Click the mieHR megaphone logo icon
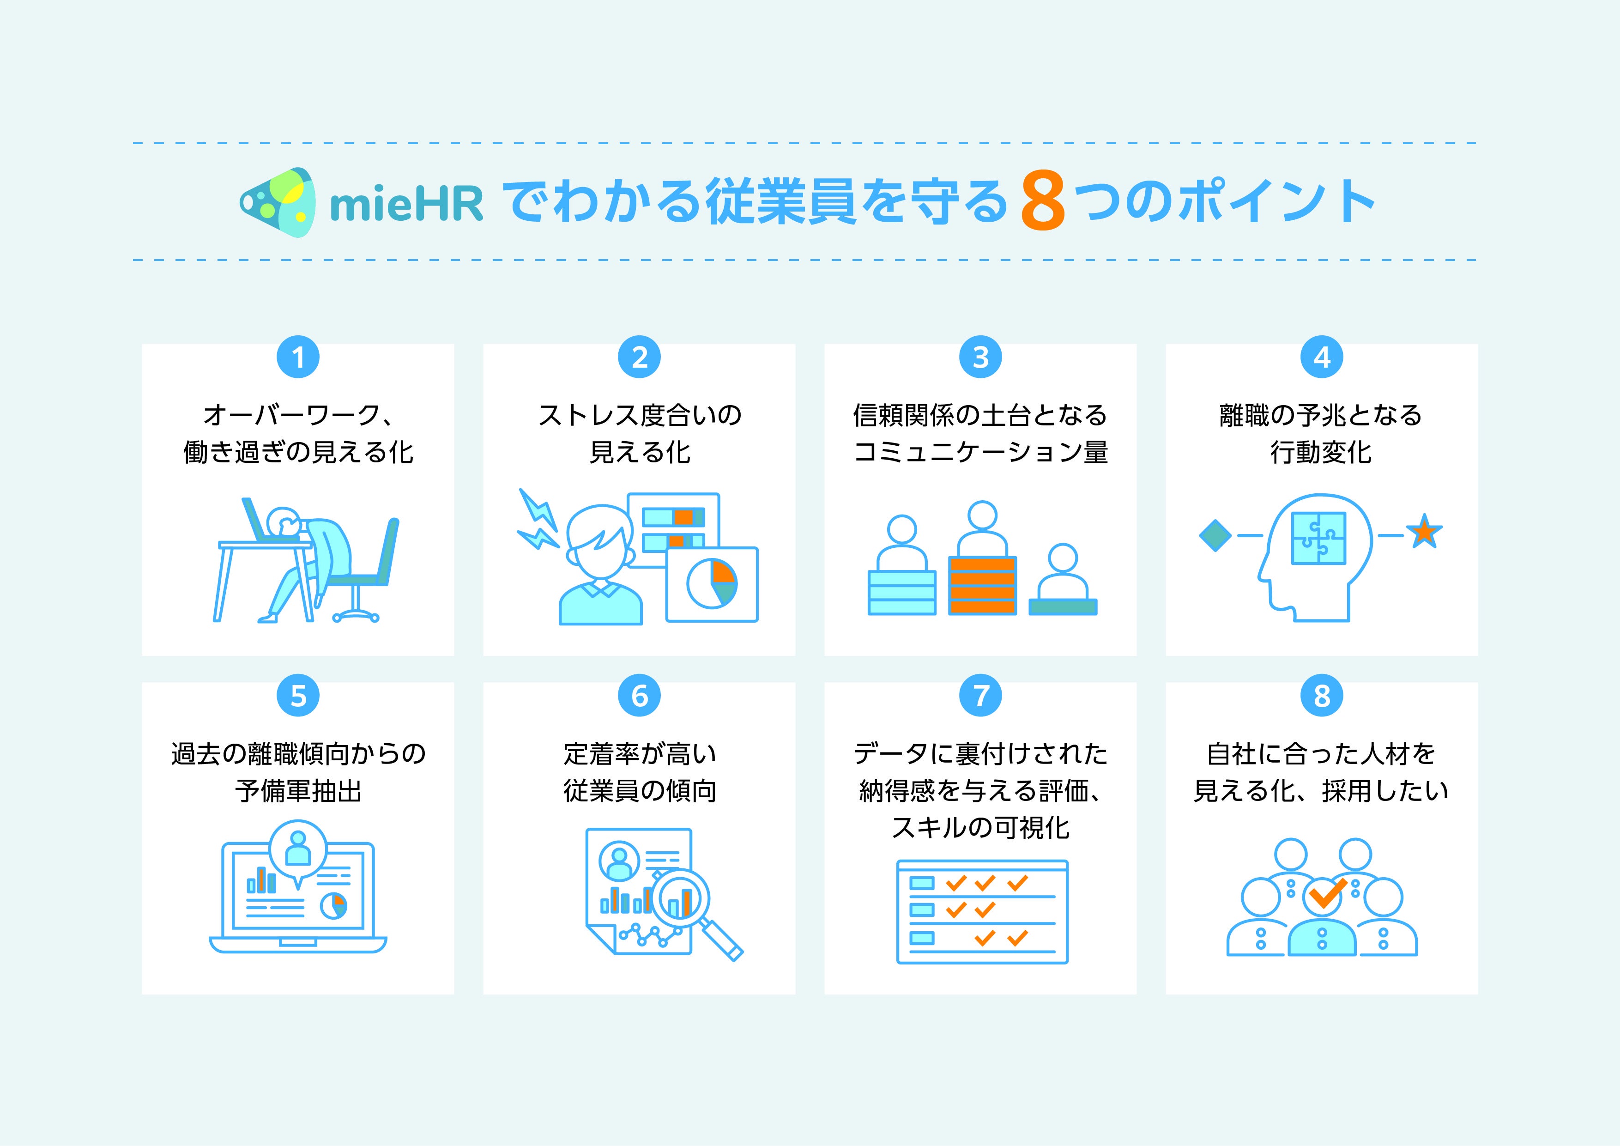pos(276,202)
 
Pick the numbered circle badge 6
pos(639,696)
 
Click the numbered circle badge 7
pos(981,696)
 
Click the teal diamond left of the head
pos(1215,536)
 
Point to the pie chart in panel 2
pos(712,583)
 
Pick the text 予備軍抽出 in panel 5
pos(298,791)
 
